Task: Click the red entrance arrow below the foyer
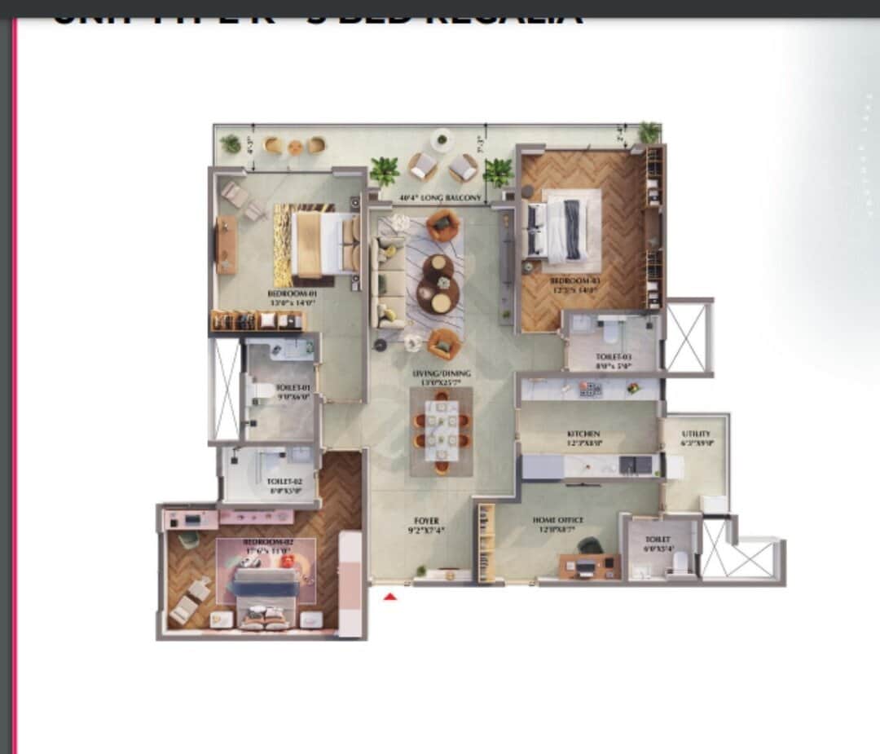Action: coord(390,597)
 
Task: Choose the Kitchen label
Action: coord(583,434)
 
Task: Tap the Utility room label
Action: coord(696,434)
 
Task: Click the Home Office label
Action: coord(558,520)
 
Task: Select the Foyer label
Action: coord(425,520)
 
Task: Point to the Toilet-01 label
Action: coord(293,388)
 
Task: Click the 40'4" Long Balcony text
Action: coord(434,198)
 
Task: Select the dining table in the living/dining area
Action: coord(441,430)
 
